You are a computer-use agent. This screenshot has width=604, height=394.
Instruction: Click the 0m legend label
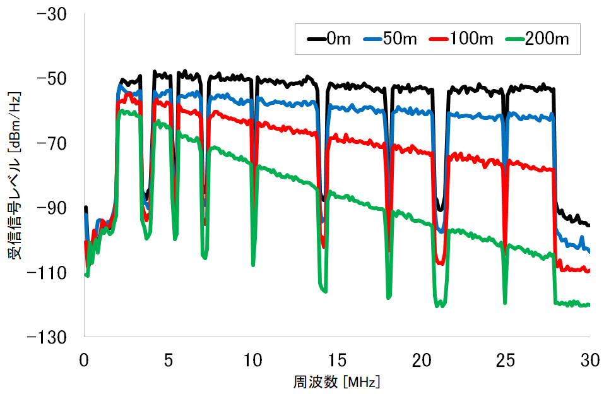[338, 39]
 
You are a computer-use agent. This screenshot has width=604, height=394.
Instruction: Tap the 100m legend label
[471, 39]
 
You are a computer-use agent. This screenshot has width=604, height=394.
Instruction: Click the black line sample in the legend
[316, 39]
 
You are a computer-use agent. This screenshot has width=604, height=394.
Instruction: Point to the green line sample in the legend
[516, 39]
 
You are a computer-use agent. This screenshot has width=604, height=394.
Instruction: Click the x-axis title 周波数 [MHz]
[337, 382]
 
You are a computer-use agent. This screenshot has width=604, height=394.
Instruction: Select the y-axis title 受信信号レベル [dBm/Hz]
[14, 176]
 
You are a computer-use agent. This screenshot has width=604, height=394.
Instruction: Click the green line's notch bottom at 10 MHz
[253, 265]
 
